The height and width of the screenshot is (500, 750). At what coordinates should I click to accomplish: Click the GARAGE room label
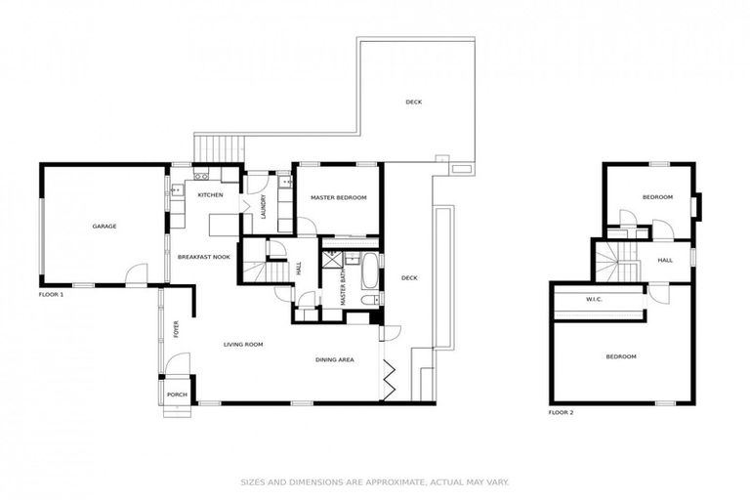104,227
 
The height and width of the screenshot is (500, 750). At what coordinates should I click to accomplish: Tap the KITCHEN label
210,195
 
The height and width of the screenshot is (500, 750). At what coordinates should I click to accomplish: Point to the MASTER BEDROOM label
338,198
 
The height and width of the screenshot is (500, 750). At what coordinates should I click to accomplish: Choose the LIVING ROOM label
246,345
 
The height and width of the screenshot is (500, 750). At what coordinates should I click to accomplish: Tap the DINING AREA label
334,360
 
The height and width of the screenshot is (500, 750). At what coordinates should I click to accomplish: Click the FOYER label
177,329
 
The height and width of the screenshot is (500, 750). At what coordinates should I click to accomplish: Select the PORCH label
177,395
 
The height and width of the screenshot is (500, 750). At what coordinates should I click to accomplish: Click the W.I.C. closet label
594,299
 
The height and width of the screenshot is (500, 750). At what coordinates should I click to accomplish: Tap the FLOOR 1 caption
51,294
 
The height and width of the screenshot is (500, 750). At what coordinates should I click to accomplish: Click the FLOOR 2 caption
561,413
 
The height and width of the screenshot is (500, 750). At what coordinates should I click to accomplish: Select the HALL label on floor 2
665,261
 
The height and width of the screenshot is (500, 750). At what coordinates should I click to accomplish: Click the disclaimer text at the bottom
375,481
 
